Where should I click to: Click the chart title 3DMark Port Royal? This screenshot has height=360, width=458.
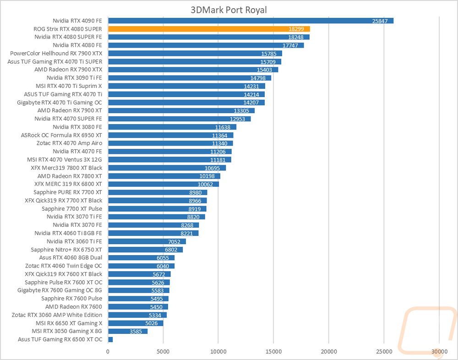(229, 10)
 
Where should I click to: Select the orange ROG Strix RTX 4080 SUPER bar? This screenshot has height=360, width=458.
(209, 29)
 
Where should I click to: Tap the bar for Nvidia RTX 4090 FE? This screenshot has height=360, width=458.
(251, 21)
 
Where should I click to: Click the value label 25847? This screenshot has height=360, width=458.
(380, 21)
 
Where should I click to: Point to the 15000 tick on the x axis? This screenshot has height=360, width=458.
(273, 351)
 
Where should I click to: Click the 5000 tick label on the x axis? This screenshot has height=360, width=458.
(163, 351)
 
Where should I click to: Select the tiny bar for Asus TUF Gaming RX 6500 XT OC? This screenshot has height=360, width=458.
(110, 339)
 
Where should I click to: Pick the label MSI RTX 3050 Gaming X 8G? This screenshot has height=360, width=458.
(67, 331)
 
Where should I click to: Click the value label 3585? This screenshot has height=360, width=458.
(136, 331)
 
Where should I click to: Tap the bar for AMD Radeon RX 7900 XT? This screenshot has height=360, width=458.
(181, 110)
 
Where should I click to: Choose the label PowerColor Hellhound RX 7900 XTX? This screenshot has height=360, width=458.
(56, 54)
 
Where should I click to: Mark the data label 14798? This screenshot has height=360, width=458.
(258, 78)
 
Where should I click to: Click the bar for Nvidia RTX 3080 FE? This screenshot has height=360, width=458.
(172, 127)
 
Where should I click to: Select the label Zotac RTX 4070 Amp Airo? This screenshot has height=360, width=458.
(69, 143)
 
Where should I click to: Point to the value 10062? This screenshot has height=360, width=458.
(205, 185)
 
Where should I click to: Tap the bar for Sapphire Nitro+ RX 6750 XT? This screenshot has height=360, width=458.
(146, 250)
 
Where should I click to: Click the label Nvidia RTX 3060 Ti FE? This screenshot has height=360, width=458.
(74, 241)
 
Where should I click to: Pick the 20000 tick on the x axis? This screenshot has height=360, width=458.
(329, 351)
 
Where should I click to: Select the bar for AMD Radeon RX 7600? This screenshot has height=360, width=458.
(138, 306)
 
